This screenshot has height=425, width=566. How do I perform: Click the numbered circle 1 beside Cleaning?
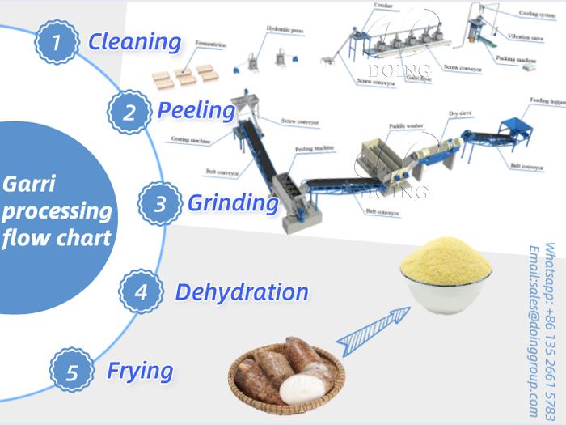pyautogui.click(x=55, y=42)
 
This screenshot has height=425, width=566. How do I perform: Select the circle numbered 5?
pyautogui.click(x=73, y=372)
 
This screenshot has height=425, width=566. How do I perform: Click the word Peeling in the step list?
pyautogui.click(x=196, y=110)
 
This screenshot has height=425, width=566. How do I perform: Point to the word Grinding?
pyautogui.click(x=233, y=202)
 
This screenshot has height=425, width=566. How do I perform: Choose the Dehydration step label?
pyautogui.click(x=242, y=291)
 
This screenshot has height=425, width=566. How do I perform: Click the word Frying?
pyautogui.click(x=140, y=372)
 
